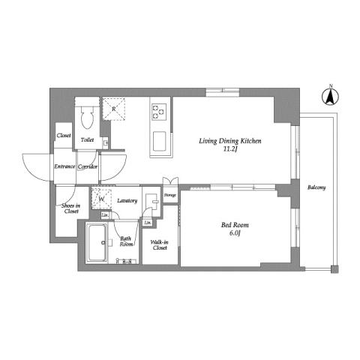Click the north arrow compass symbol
pyautogui.click(x=328, y=95)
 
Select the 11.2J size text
pyautogui.click(x=229, y=148)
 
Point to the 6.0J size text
pyautogui.click(x=230, y=233)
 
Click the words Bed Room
pyautogui.click(x=230, y=224)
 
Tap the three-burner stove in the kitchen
pyautogui.click(x=159, y=112)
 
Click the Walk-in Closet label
pyautogui.click(x=159, y=244)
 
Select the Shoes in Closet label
pyautogui.click(x=70, y=209)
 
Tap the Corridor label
pyautogui.click(x=88, y=166)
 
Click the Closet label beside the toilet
pyautogui.click(x=64, y=136)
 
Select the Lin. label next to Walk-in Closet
pyautogui.click(x=148, y=223)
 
